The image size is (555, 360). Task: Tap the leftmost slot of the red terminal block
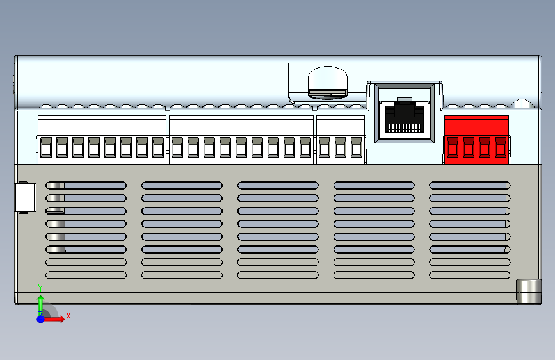453,147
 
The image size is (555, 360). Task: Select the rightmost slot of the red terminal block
500,147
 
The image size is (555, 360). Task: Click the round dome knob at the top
327,81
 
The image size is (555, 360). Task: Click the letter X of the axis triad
68,316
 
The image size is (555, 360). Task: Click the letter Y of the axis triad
40,288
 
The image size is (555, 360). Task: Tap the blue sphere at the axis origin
40,318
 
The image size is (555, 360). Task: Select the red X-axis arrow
55,318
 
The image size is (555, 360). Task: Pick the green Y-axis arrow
40,304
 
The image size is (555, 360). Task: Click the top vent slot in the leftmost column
86,185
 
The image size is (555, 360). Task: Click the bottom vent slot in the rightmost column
469,275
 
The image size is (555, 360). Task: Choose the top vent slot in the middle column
278,185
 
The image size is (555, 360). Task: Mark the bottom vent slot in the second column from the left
182,275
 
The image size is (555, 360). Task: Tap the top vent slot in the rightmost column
469,185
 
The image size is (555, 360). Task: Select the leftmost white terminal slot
46,147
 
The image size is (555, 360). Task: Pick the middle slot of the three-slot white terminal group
340,147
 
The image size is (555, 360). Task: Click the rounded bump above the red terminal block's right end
522,103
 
